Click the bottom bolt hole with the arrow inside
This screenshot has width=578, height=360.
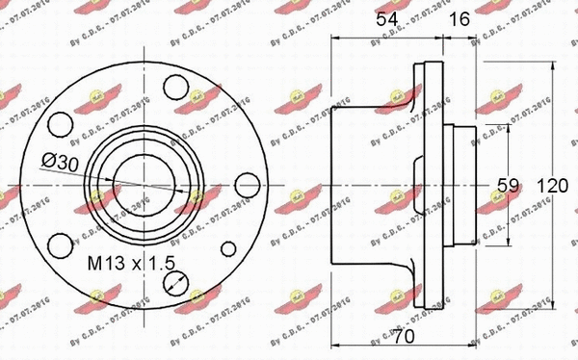pyautogui.click(x=174, y=282)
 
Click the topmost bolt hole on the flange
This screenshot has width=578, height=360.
pyautogui.click(x=174, y=86)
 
